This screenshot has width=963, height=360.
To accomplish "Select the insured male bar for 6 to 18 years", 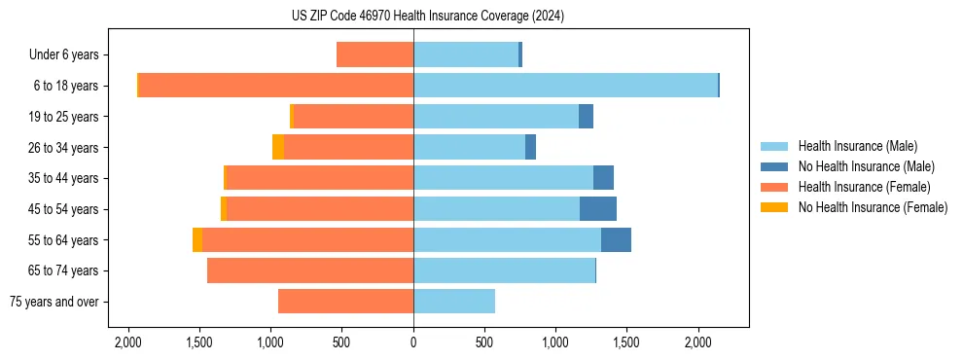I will click(x=565, y=86).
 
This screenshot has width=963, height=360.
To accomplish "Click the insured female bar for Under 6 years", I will click(x=374, y=54).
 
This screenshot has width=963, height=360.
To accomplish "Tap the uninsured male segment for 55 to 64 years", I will click(x=616, y=239).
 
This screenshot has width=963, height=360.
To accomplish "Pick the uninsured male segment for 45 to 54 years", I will click(x=597, y=209).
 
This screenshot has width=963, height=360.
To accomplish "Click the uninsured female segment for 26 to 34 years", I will click(x=278, y=147).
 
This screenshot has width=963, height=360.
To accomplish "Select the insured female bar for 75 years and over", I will click(x=345, y=302).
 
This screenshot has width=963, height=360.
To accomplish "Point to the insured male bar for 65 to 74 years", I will click(x=504, y=270).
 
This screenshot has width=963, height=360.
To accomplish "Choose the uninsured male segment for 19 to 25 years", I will click(x=586, y=117).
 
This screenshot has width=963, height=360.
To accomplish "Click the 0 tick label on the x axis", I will click(x=413, y=342).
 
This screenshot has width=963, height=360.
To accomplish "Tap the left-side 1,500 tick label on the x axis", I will click(x=198, y=342).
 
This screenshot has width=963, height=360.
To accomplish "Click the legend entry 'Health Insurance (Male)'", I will click(x=857, y=146).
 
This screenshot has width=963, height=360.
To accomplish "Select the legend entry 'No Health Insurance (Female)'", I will click(x=873, y=207).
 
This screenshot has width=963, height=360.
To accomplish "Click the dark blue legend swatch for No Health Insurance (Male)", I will click(x=775, y=166).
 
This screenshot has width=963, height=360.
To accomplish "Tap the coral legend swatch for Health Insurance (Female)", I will click(x=775, y=187).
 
